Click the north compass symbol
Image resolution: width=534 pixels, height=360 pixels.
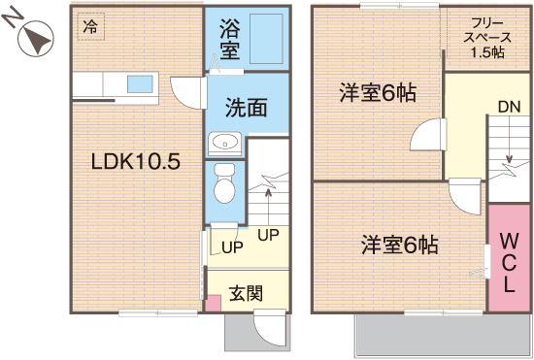click(x=35, y=38)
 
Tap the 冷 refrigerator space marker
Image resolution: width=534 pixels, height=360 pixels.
click(x=90, y=26)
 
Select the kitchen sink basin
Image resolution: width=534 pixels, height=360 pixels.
click(x=140, y=84)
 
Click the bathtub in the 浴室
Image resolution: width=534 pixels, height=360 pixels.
click(x=266, y=39)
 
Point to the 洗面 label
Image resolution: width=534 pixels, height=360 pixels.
click(x=246, y=108)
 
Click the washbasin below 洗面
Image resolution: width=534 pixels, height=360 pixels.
click(x=224, y=144)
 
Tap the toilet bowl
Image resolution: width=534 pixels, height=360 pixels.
click(x=224, y=183)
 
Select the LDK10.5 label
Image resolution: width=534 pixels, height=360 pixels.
click(x=136, y=161)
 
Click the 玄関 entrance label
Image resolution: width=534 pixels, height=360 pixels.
click(x=246, y=293)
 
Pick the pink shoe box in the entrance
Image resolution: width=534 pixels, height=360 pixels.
click(x=214, y=303)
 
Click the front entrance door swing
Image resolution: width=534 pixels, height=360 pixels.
click(x=270, y=328)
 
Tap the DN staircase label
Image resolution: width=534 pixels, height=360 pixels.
click(x=509, y=107)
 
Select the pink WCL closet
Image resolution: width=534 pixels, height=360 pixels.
click(x=510, y=257)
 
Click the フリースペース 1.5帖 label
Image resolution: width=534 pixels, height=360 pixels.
click(x=487, y=38)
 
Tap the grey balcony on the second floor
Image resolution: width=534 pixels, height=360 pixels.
click(x=443, y=335)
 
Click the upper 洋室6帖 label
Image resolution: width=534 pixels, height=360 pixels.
click(x=378, y=93)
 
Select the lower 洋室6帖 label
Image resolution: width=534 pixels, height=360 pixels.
click(x=400, y=245)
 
